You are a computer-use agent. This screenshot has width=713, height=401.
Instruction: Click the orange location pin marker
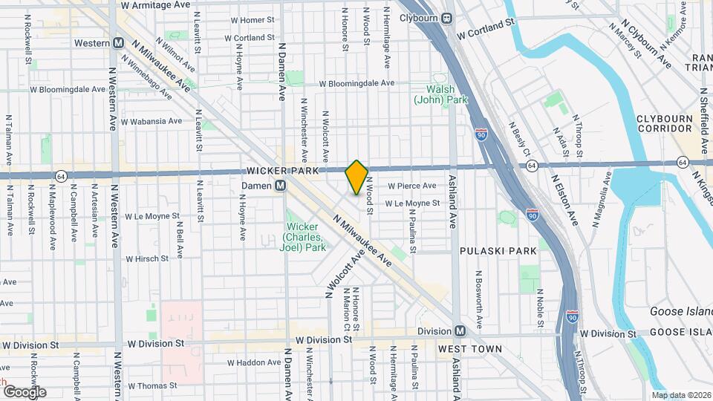click(x=356, y=177)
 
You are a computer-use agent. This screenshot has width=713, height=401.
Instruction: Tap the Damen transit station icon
click(x=281, y=186)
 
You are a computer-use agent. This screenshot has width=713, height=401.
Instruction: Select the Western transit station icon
click(x=119, y=43)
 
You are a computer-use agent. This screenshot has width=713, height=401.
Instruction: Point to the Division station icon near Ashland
click(x=460, y=331)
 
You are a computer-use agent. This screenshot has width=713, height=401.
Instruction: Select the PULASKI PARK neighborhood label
click(x=498, y=251)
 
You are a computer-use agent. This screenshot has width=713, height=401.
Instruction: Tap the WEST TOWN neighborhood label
click(x=470, y=348)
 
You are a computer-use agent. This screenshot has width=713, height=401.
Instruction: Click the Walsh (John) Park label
click(x=440, y=94)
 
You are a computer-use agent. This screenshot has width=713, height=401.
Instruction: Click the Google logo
click(x=24, y=391)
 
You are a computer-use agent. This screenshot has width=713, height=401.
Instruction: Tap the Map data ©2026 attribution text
click(x=681, y=395)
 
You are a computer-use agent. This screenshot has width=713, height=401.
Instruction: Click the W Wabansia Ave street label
click(x=151, y=121)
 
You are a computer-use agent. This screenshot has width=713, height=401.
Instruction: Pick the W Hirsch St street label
click(x=153, y=259)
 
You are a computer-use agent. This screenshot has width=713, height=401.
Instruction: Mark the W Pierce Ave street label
click(x=410, y=186)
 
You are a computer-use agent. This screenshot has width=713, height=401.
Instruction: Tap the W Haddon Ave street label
click(x=253, y=362)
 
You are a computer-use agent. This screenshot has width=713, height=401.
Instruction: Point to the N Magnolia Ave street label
click(x=601, y=198)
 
